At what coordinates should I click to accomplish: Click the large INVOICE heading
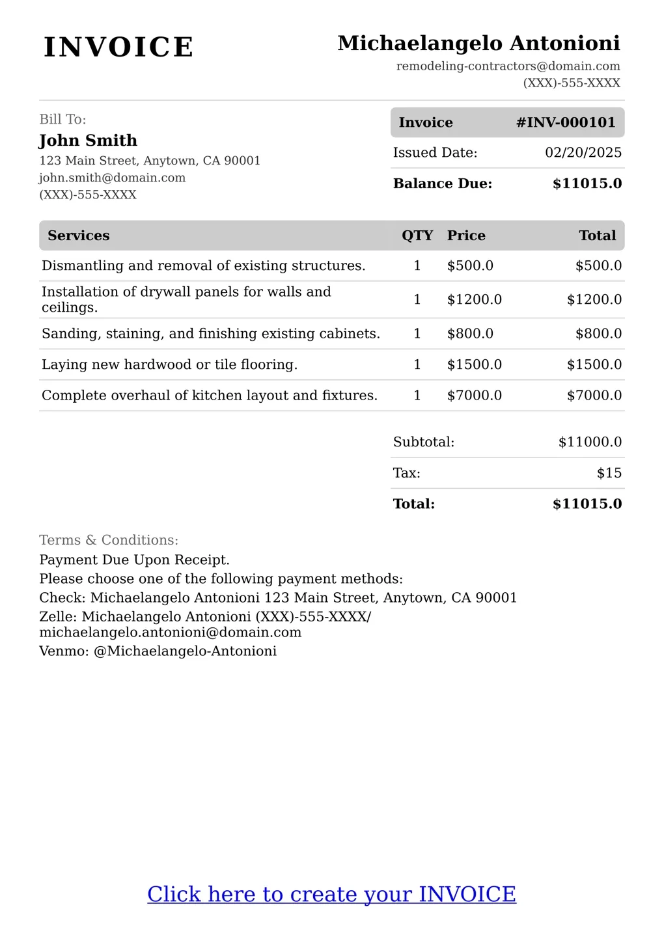click(118, 48)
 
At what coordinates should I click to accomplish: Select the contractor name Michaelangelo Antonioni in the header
click(478, 43)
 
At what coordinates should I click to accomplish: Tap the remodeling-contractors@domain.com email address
click(508, 66)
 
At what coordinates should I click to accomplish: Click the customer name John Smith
click(88, 141)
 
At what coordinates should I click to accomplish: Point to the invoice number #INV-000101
click(565, 122)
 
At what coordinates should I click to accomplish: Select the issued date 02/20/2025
click(583, 153)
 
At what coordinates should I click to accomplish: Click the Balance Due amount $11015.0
click(587, 184)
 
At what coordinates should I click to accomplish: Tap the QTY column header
click(417, 236)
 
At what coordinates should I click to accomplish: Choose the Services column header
click(78, 236)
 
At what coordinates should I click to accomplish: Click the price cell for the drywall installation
click(474, 299)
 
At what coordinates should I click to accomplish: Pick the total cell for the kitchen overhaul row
click(594, 396)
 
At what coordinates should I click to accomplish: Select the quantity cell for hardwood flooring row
click(417, 364)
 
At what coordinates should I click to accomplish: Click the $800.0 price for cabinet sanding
click(470, 334)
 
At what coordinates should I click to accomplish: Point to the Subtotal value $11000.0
click(590, 442)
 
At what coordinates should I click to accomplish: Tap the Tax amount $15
click(609, 473)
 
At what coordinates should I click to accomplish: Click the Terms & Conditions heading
click(109, 540)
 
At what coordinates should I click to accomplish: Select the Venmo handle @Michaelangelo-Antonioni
click(185, 651)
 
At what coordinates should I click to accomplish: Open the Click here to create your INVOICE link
click(331, 894)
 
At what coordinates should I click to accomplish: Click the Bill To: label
click(62, 119)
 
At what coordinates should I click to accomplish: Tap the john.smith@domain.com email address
click(112, 178)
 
